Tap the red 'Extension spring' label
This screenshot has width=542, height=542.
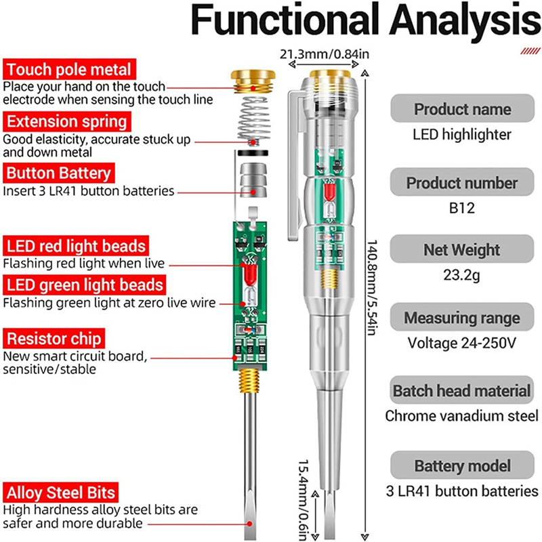66,122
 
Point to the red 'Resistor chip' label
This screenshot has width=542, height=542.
55,338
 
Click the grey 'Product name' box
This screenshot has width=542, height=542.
462,109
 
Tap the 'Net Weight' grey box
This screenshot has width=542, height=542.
462,250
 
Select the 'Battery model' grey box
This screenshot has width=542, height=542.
462,466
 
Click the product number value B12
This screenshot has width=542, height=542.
462,209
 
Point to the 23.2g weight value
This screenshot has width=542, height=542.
462,276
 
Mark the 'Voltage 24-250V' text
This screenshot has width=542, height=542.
462,343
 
